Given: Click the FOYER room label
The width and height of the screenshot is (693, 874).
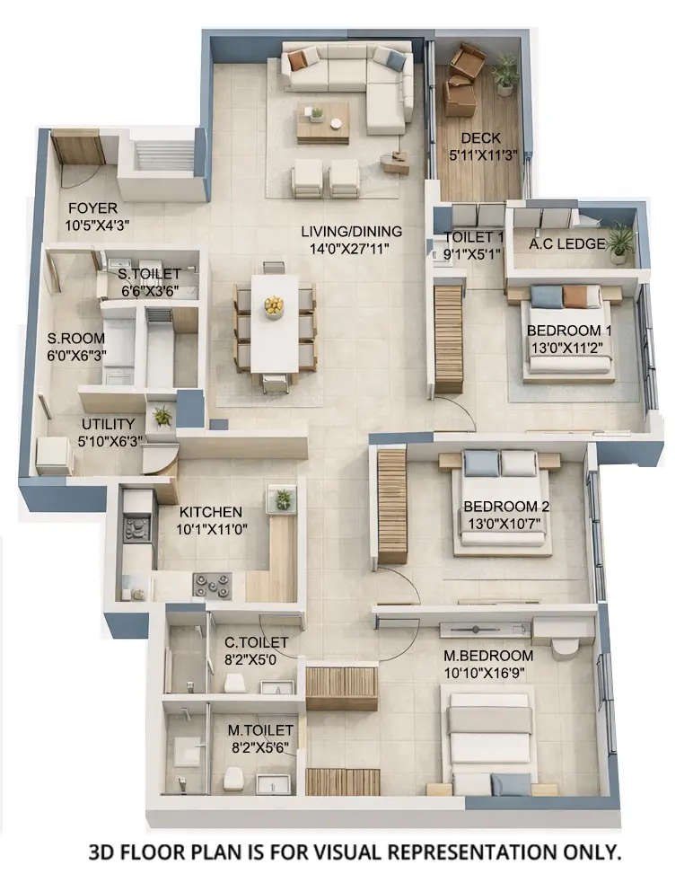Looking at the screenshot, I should tap(92, 208).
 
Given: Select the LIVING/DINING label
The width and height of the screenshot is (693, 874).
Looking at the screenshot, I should tap(351, 232).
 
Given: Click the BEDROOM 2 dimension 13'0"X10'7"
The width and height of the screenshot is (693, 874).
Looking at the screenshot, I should tap(506, 524).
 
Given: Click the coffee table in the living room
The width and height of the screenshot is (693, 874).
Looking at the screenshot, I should tap(323, 121).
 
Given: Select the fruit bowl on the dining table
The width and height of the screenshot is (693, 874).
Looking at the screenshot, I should tap(274, 306).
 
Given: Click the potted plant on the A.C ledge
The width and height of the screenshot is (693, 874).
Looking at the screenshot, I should tap(619, 241).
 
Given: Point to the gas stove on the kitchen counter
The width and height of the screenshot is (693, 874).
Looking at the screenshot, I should tap(212, 585).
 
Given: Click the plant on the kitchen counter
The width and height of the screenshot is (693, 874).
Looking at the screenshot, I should tap(284, 499).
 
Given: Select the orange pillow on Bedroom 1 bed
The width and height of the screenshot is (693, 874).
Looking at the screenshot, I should tap(575, 296).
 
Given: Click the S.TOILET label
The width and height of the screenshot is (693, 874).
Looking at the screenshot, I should tap(150, 273).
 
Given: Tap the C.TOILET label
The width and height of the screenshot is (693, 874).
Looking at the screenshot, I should tap(256, 642).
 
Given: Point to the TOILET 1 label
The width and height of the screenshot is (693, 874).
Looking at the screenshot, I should tap(473, 237).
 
